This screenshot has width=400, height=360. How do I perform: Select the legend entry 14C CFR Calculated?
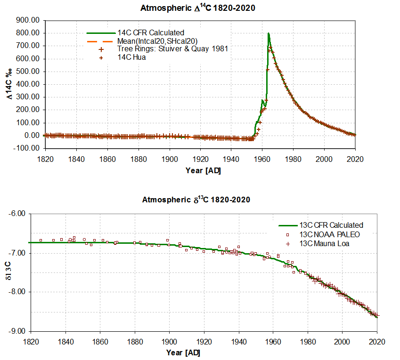point(150,33)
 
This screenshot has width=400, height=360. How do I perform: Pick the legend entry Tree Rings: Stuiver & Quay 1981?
point(172,49)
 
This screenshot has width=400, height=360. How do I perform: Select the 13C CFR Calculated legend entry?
point(332,225)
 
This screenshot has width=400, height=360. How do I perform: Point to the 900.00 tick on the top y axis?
point(29,20)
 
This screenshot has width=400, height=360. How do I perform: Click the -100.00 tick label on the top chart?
point(28,148)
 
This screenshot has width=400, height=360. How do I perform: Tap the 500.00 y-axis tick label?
point(29,72)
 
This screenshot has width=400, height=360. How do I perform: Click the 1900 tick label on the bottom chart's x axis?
point(169,342)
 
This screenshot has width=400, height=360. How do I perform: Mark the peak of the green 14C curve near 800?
point(268,33)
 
